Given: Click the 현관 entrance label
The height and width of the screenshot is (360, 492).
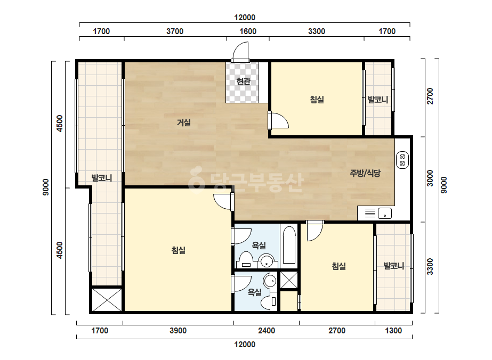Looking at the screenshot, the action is pos(243,81).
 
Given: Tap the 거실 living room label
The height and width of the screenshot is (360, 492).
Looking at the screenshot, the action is pos(184,122).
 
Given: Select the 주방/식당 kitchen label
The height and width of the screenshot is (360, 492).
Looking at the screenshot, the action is pos(365,173).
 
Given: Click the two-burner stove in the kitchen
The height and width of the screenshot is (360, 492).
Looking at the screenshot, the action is pos(402,160).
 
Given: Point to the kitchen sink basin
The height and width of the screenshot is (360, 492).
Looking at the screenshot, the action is pos(385,213).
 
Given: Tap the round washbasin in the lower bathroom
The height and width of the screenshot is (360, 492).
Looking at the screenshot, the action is pos(270,281).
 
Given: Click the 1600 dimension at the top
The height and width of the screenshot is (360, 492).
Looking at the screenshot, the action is pos(248,31).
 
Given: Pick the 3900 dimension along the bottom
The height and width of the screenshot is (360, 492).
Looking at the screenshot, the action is pos(178,331).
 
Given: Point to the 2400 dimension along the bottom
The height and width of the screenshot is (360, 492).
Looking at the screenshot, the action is pos(267,331).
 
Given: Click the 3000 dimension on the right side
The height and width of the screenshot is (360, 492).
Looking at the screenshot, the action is pos(430,178).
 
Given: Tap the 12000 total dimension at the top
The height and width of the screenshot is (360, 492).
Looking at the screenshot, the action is pos(245,18).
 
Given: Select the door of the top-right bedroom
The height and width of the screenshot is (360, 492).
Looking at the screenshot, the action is pos(279,120).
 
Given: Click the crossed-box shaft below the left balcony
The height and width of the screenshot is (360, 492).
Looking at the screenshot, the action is pos(107,300).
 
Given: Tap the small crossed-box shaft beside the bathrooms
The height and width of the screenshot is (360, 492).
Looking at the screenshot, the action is pos(289,280).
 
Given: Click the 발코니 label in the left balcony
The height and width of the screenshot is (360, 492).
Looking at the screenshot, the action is pos(102,178).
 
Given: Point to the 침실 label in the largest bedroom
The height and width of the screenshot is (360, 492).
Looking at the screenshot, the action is pos(178,250).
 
